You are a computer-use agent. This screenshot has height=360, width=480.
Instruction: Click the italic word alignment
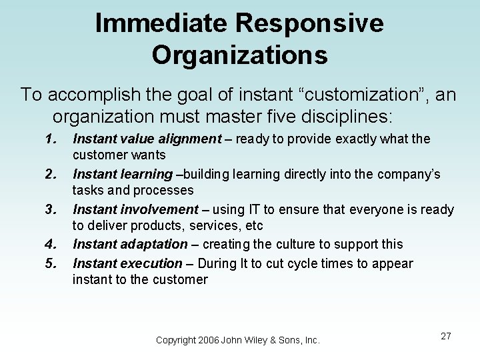click(188, 139)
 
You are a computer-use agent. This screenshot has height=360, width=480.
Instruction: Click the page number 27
click(446, 337)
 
